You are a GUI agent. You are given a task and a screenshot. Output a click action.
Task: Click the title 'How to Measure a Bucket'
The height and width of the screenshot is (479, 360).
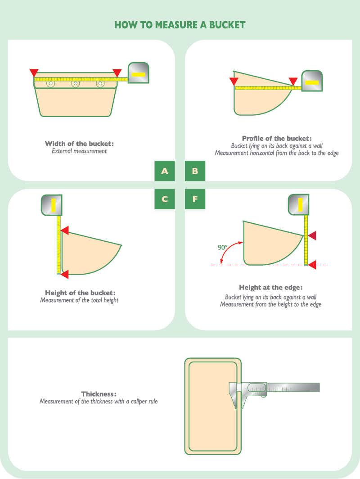click(x=180, y=25)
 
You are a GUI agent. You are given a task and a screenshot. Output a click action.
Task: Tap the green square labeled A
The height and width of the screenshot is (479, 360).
click(x=165, y=171)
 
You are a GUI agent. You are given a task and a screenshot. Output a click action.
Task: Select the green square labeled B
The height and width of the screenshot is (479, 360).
click(x=195, y=171)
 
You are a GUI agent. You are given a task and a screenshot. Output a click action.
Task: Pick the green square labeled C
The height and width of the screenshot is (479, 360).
click(x=165, y=199)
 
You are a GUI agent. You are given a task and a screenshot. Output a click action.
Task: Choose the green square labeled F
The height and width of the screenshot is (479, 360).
click(x=195, y=199)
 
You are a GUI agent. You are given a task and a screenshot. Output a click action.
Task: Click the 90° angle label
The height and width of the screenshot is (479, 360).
click(x=223, y=247)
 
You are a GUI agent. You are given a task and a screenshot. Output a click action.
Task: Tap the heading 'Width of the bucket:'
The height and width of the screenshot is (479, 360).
click(x=79, y=144)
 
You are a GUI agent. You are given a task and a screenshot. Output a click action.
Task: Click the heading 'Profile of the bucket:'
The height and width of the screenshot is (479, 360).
click(x=277, y=138)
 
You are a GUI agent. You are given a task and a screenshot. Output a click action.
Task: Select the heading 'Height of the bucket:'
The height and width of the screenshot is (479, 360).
click(x=80, y=293)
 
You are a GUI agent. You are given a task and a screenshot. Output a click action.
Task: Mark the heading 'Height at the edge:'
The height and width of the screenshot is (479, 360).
click(x=271, y=288)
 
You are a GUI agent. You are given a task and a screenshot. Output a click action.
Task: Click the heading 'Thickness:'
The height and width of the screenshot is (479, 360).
click(x=99, y=394)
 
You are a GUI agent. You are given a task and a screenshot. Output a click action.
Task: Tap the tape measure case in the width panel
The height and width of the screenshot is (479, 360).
click(x=138, y=73)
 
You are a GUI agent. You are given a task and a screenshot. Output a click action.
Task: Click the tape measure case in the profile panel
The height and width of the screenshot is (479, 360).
click(x=312, y=81)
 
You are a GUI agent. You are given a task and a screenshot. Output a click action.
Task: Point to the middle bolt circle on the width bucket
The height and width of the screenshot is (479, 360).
click(x=76, y=83)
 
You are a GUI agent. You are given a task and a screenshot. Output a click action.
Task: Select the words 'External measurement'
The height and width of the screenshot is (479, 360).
click(x=79, y=151)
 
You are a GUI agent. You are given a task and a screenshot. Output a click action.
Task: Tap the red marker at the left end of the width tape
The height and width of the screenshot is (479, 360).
click(x=34, y=73)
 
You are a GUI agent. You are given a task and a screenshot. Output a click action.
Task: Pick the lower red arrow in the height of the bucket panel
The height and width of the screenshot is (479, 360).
click(x=64, y=274)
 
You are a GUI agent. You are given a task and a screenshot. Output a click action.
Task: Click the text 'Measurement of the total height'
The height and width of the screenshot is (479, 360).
click(x=79, y=300)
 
